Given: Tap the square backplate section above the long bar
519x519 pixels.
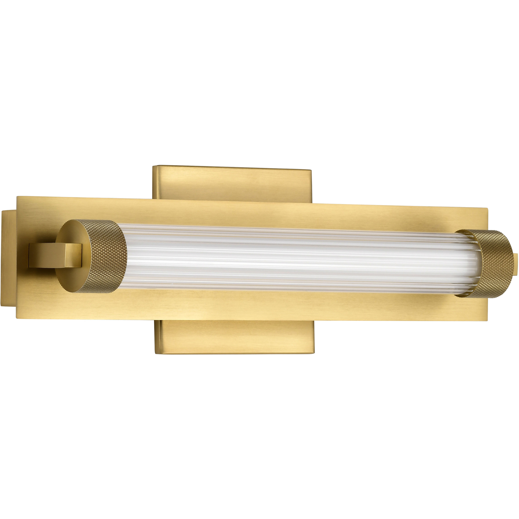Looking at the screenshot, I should tap(231, 183).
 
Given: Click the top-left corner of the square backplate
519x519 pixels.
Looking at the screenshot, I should tap(153, 166).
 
